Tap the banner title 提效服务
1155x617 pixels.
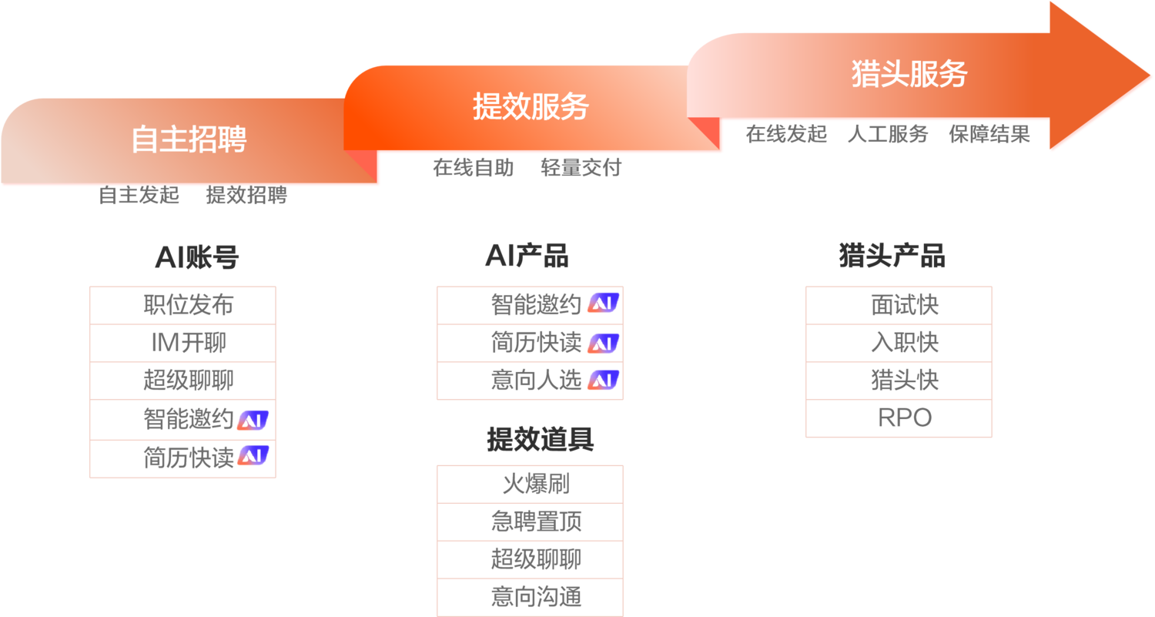tap(531, 106)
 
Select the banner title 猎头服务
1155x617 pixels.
tap(909, 75)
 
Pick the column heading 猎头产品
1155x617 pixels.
tap(892, 257)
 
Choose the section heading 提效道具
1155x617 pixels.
tap(540, 440)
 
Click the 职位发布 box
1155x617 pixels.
tap(182, 305)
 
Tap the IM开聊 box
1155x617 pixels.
tap(182, 343)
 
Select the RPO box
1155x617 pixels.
tap(899, 419)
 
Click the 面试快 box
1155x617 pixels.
tap(899, 305)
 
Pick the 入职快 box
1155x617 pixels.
tap(899, 343)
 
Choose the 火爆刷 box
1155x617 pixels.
tap(530, 485)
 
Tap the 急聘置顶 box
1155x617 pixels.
tap(530, 522)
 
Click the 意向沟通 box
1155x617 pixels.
tap(530, 597)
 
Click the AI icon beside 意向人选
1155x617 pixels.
tap(603, 380)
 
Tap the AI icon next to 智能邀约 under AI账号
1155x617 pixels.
tap(253, 420)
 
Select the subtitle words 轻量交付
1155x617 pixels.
tap(581, 168)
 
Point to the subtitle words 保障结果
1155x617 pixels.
tap(989, 135)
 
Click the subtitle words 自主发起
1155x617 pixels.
tap(139, 196)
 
